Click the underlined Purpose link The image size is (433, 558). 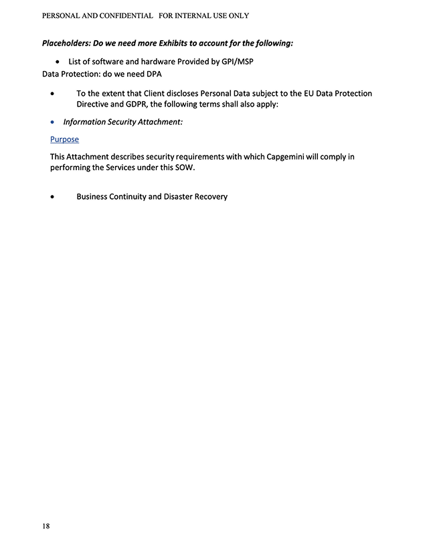click(64, 139)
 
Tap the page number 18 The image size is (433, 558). click(46, 526)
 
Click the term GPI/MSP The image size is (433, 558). click(237, 62)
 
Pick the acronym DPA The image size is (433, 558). click(154, 74)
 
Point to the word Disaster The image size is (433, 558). click(179, 197)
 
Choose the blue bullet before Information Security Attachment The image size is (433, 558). click(54, 123)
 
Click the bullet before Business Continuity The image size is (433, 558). click(54, 197)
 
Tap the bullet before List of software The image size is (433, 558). click(58, 62)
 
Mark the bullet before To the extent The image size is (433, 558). click(54, 94)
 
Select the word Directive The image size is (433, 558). click(94, 105)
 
